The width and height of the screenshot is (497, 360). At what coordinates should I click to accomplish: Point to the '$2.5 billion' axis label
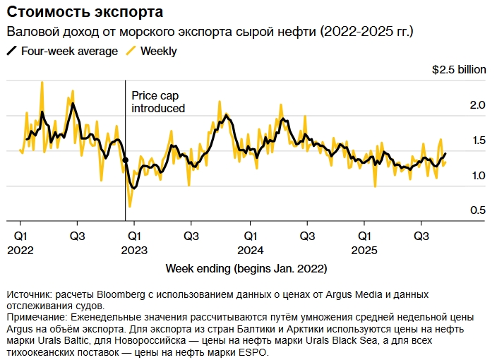[x=459, y=70]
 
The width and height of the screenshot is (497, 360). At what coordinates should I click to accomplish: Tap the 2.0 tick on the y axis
[x=478, y=105]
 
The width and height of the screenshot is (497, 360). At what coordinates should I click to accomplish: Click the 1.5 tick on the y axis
[x=478, y=140]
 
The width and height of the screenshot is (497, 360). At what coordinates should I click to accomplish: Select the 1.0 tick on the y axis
[x=478, y=175]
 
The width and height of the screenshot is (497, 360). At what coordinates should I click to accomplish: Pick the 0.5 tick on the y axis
[x=478, y=210]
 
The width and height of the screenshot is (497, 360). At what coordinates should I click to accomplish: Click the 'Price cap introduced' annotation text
[x=158, y=102]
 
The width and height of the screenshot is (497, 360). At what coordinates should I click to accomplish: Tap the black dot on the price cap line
[x=126, y=160]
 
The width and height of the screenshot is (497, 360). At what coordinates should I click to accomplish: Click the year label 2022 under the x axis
[x=21, y=249]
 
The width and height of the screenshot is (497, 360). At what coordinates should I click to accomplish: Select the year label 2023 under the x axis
[x=134, y=249]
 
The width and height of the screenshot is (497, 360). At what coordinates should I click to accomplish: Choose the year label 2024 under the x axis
[x=250, y=249]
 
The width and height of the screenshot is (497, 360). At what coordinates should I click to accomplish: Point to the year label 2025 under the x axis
[x=364, y=249]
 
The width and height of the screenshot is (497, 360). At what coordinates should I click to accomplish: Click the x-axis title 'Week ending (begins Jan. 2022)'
[x=246, y=269]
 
